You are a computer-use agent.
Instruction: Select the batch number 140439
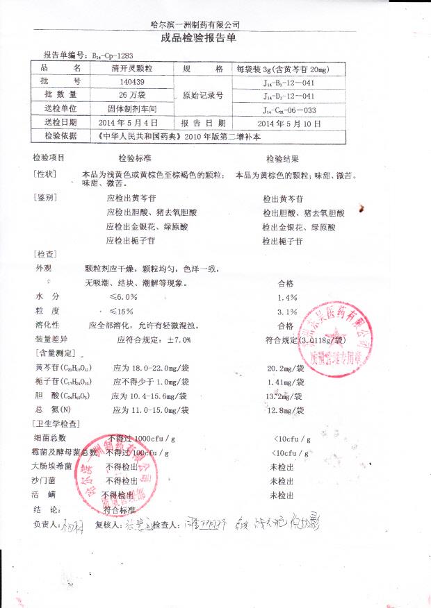[132, 81]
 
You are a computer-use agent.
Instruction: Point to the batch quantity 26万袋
[132, 94]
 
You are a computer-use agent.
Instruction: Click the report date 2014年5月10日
[290, 123]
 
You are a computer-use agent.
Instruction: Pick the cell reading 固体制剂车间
[132, 109]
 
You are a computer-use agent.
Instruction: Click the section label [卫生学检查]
[56, 423]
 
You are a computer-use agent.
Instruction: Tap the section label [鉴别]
[44, 197]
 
